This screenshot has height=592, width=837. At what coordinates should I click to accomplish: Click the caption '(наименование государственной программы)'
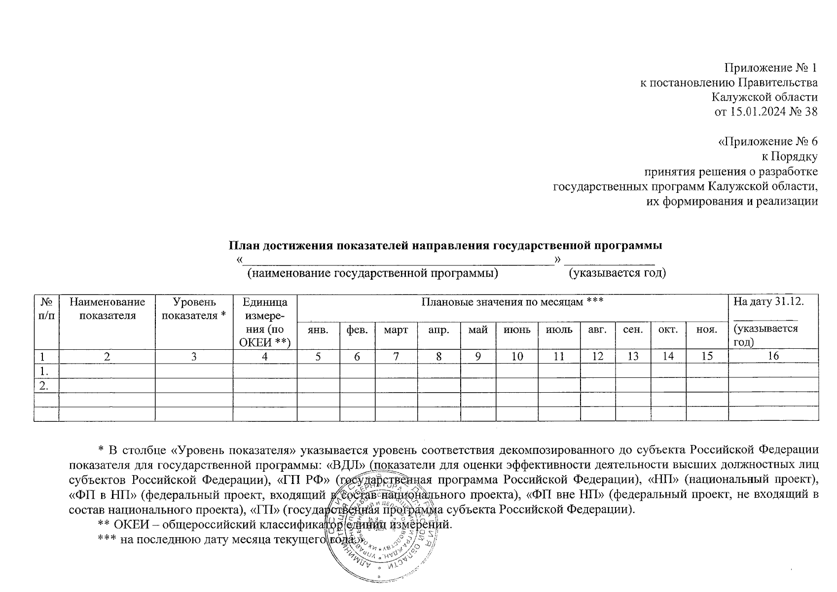(x=372, y=273)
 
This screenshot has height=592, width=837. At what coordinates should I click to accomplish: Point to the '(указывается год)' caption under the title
(x=617, y=273)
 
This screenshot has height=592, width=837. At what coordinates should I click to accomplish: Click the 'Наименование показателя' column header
(x=107, y=308)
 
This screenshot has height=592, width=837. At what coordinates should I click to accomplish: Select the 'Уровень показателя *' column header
(x=194, y=308)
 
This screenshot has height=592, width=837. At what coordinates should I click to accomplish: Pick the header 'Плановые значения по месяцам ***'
(x=512, y=301)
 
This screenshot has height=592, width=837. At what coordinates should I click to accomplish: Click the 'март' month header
(x=396, y=329)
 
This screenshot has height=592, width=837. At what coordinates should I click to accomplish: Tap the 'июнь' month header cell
(x=516, y=329)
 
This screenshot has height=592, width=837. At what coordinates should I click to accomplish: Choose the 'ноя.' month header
(x=706, y=329)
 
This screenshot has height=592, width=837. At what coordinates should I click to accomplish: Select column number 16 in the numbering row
(x=773, y=356)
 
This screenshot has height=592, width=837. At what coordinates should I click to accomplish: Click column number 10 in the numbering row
(x=516, y=356)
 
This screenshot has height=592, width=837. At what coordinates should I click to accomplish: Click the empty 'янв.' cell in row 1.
(x=318, y=371)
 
